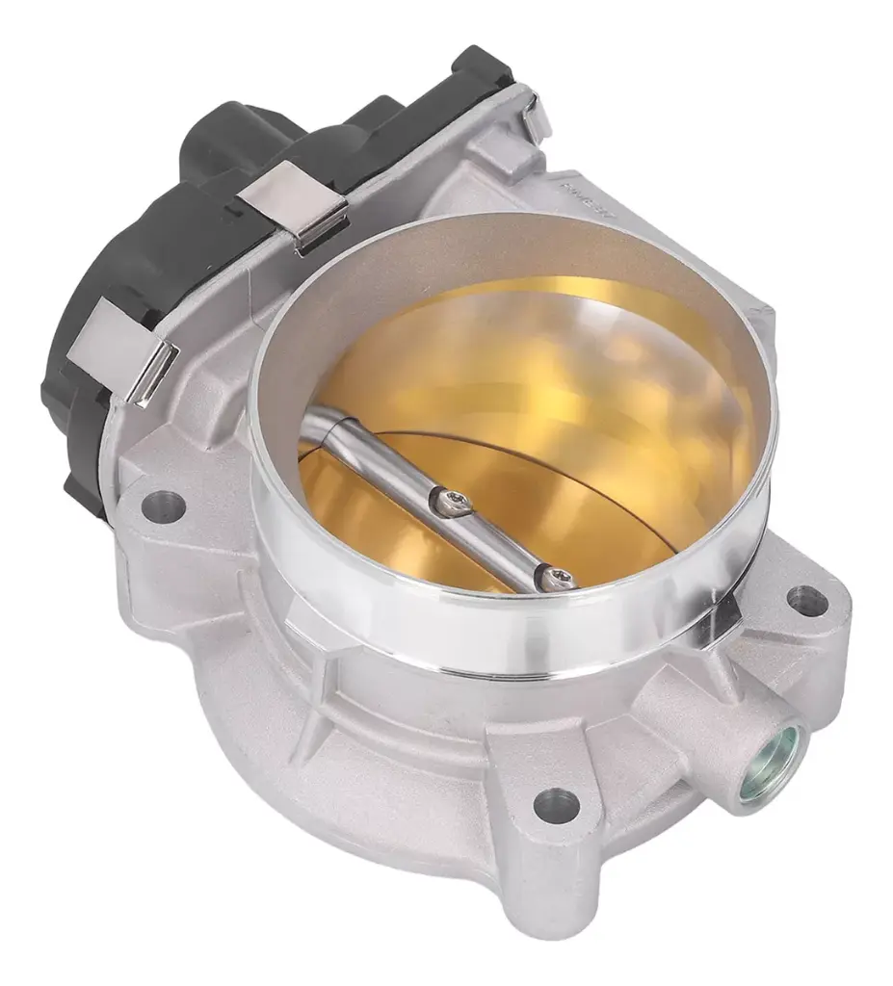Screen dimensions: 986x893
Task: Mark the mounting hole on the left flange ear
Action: coord(162,505)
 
